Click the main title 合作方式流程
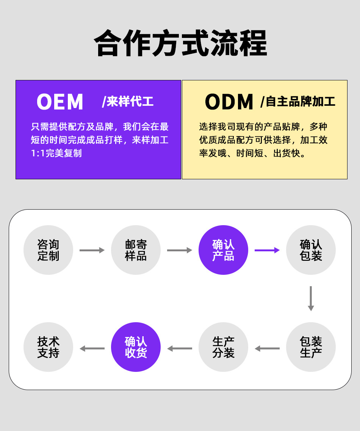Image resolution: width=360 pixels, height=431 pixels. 180,43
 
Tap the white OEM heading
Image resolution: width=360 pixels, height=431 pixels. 60,102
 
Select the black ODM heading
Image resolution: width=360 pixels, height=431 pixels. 229,102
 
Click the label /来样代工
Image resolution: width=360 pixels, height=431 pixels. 128,102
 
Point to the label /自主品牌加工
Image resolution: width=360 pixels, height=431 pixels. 298,102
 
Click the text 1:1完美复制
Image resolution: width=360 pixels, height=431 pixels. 56,154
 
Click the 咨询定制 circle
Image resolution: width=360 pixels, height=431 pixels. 48,250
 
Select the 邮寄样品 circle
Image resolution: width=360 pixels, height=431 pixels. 136,250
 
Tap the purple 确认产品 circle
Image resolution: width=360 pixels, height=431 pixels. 223,250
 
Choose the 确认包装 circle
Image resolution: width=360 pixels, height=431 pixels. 311,250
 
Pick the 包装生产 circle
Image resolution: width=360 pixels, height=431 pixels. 311,347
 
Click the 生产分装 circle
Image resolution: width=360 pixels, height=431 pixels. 223,347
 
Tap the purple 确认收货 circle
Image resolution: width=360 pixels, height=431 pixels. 136,347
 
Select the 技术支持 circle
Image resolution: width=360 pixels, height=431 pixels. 48,347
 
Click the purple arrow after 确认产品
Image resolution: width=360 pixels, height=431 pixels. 267,250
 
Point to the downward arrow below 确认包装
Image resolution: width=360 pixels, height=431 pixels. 311,299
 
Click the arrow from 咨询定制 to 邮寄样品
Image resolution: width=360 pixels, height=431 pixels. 92,250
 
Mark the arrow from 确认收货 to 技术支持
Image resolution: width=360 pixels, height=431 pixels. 92,348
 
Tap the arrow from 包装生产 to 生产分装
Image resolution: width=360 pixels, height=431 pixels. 267,348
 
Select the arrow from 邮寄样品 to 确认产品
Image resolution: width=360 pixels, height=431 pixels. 180,250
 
